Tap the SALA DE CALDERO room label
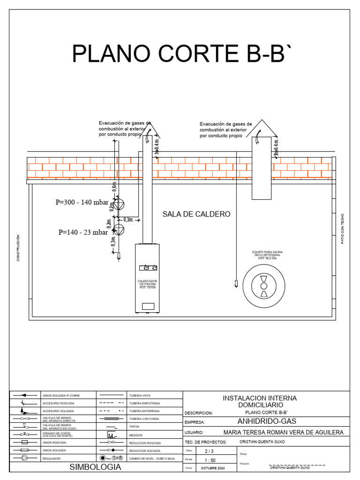point(196,214)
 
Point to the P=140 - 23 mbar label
point(83,232)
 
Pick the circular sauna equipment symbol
point(264,286)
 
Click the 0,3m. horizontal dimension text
point(128,219)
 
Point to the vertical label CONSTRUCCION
point(18,248)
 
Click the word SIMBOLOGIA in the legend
point(95,467)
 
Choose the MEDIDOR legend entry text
point(136,435)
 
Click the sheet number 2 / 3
point(209,451)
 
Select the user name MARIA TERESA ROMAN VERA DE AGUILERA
point(284,432)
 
